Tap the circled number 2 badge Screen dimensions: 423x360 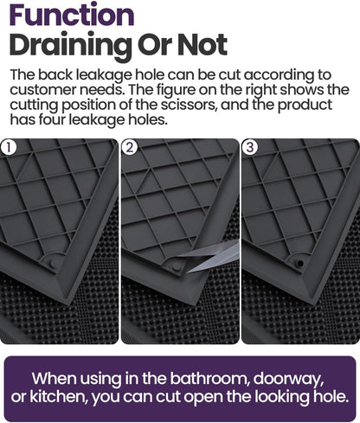coord(131,147)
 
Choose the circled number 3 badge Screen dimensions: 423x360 coord(250,147)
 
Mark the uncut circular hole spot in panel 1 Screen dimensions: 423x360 coord(55,260)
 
